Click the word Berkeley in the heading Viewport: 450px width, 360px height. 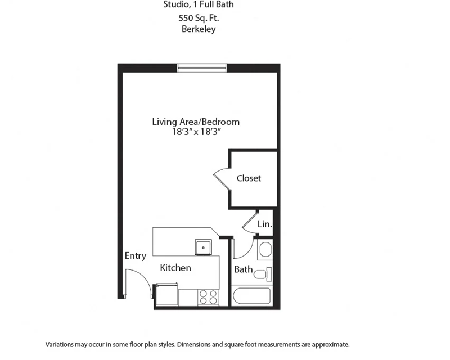point(199,29)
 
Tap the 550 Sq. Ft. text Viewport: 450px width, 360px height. point(199,18)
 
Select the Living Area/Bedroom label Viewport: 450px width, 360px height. point(196,121)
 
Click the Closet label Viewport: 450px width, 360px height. point(249,178)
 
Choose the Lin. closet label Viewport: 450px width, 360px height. point(264,224)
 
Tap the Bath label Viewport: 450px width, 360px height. point(244,269)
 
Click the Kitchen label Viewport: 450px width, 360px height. point(175,268)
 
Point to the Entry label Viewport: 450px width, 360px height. point(136,256)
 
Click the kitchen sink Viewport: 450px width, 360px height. point(203,247)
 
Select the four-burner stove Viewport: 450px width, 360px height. point(208,298)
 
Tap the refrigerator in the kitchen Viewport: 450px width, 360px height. point(166,294)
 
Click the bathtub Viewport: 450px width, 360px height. point(252,296)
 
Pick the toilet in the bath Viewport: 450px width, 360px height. point(263,274)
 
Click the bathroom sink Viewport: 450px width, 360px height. point(265,250)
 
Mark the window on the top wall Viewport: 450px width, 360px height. point(202,68)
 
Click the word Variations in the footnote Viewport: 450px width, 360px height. point(60,344)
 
